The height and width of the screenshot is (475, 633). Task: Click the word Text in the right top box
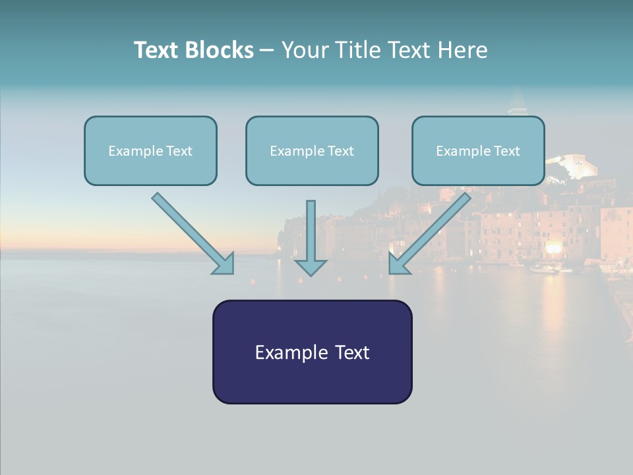pyautogui.click(x=506, y=151)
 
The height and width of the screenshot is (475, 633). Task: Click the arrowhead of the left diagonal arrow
pyautogui.click(x=224, y=264)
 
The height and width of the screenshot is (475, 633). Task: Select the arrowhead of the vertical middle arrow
pyautogui.click(x=311, y=267)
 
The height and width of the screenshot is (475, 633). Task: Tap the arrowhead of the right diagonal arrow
pyautogui.click(x=398, y=264)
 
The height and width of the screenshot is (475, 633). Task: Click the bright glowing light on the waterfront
pyautogui.click(x=554, y=247)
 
